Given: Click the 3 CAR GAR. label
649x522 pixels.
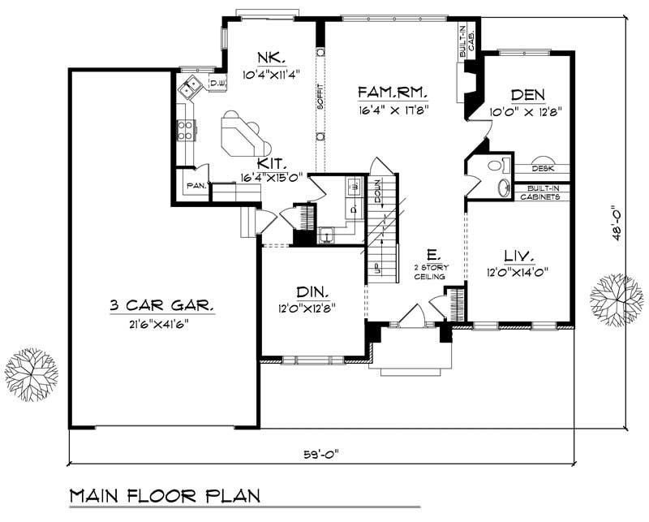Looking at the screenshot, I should click(162, 306).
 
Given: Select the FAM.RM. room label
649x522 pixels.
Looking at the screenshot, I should click(391, 93).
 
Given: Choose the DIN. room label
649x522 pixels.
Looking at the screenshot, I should click(312, 291).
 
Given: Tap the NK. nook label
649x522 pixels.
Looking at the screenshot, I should click(270, 58).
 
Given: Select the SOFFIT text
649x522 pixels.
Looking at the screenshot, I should click(320, 96).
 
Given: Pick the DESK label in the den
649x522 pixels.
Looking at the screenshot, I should click(543, 169).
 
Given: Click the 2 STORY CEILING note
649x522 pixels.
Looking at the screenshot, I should click(430, 272).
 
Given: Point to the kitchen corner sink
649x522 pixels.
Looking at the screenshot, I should click(191, 84).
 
